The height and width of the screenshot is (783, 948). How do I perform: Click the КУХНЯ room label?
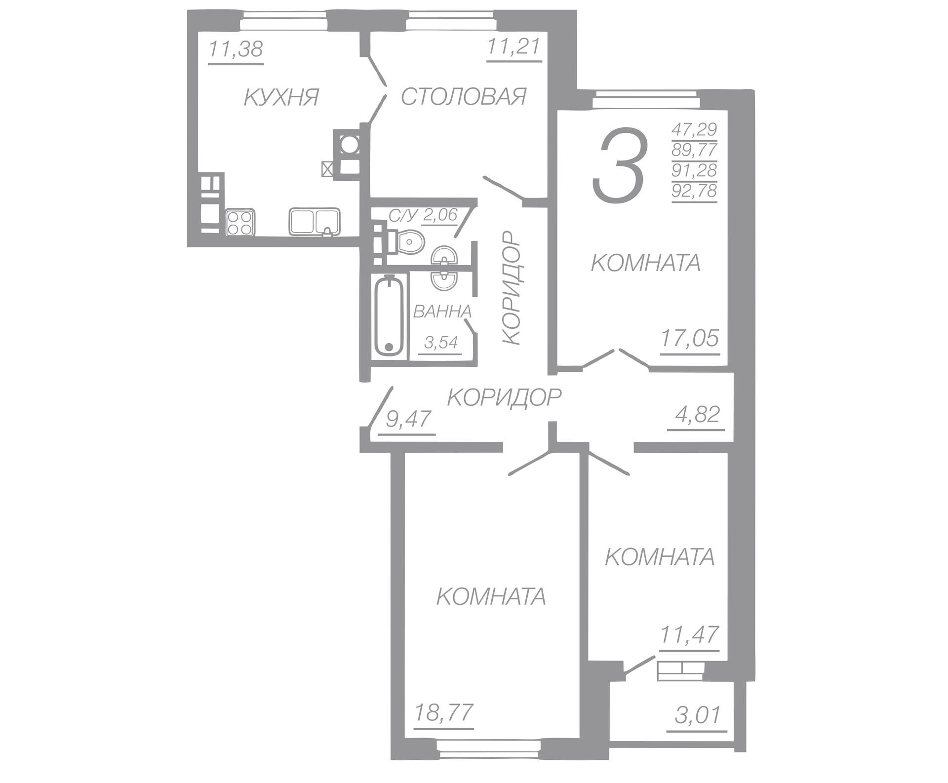click(x=281, y=97)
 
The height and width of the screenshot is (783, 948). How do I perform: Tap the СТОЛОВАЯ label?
click(x=464, y=96)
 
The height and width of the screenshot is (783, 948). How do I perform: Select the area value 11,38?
click(x=236, y=49)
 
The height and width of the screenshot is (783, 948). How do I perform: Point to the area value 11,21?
click(x=514, y=47)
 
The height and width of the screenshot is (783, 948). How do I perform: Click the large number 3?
click(x=619, y=165)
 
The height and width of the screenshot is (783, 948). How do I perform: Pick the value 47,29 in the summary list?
click(x=694, y=129)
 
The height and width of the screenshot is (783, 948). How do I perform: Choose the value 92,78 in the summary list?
click(x=694, y=191)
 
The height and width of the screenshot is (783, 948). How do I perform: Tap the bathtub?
click(x=389, y=316)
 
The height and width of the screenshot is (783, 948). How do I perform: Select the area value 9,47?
click(x=408, y=419)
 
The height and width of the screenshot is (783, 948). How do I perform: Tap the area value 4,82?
click(x=697, y=414)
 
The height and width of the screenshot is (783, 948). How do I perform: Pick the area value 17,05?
click(x=690, y=339)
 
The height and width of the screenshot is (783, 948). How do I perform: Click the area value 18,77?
click(x=443, y=713)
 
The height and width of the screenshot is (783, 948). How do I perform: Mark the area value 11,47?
click(x=690, y=635)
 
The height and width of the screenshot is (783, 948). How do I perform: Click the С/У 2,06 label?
click(x=424, y=215)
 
